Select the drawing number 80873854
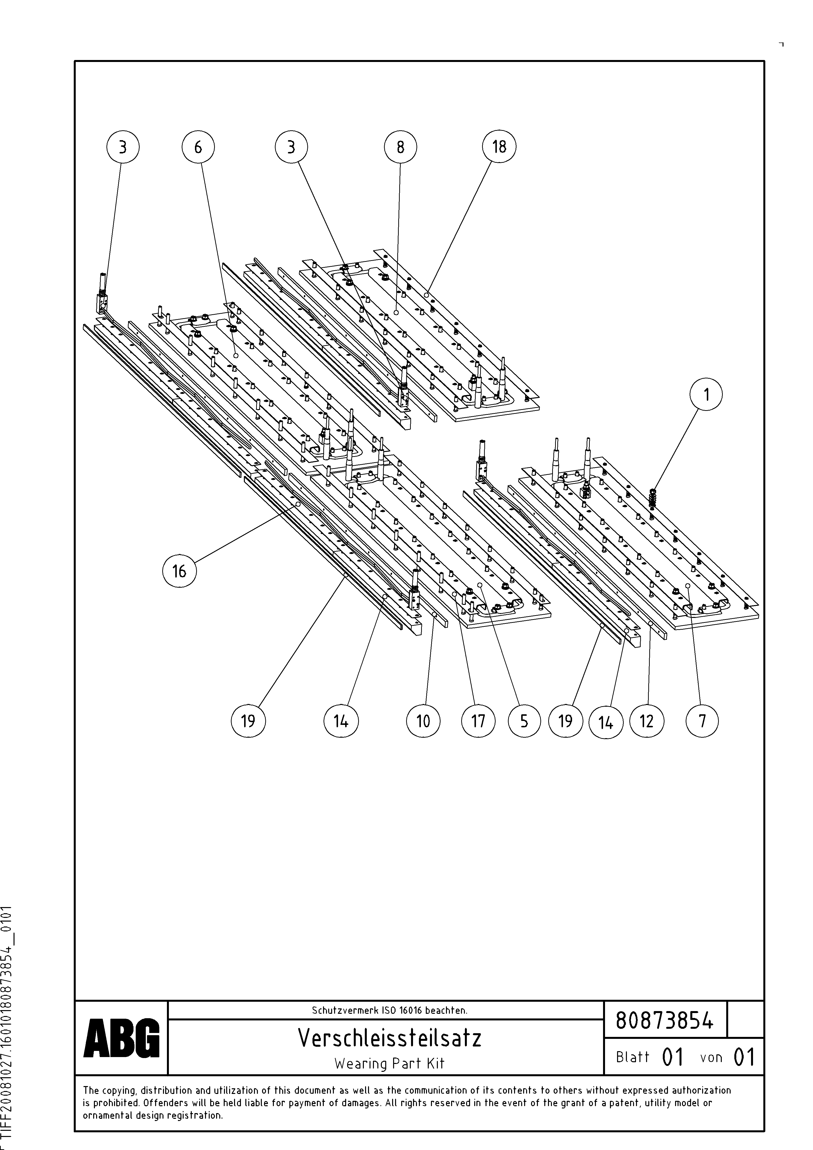[664, 1020]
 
